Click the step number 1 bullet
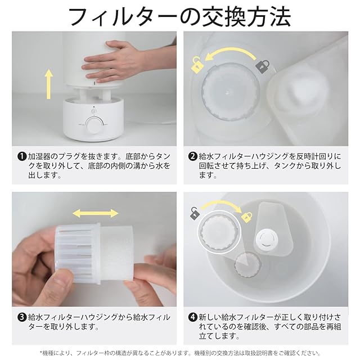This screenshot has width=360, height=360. (22, 157)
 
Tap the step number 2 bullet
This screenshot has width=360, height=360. (192, 157)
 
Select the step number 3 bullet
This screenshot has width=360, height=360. (22, 317)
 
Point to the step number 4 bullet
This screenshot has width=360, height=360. (192, 317)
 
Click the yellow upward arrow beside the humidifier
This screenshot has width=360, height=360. (48, 84)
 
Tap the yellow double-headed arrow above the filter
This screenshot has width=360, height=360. (95, 213)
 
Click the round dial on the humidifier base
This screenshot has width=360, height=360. (94, 125)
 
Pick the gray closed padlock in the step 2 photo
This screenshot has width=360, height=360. (263, 66)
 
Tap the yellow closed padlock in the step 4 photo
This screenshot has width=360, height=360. (247, 217)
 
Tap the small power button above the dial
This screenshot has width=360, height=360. (93, 111)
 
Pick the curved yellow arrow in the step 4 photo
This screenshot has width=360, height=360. (221, 205)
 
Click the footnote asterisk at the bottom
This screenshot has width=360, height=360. (41, 352)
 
